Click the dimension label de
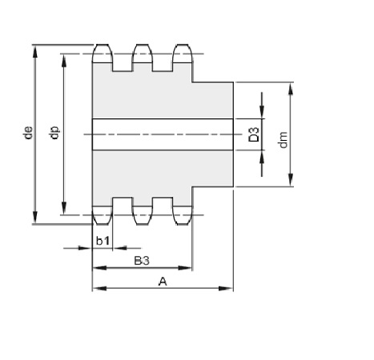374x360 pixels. point(28,133)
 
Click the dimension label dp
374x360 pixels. point(54,133)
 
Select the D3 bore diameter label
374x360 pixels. point(254,134)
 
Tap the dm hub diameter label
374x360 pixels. point(283,139)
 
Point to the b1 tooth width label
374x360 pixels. point(103,241)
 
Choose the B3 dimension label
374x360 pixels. point(142,261)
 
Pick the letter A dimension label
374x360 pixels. point(163,282)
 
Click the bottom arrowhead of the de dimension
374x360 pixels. point(35,218)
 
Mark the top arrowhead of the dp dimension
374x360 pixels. point(64,61)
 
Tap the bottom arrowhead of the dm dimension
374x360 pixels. point(291,180)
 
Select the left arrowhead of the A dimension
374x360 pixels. point(99,288)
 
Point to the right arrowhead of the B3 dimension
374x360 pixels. point(185,267)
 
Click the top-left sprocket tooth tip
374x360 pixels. point(103,45)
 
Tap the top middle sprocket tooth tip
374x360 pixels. point(143,45)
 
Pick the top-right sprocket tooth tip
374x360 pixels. point(183,45)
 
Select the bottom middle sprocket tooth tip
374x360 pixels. point(143,224)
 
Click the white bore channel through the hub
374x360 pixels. point(163,134)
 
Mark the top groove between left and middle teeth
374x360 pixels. point(123,66)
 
